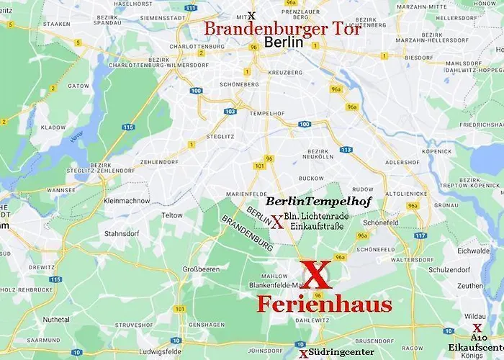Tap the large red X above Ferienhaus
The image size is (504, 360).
point(315,275)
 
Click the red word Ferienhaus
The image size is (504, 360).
point(324,304)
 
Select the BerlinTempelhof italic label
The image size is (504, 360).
point(318,202)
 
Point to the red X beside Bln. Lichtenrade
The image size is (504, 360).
point(276,222)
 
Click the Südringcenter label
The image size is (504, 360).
point(341,352)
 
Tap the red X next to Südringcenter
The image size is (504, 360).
point(304,354)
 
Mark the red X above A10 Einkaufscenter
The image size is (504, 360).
point(477,328)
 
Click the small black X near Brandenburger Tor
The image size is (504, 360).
point(251,16)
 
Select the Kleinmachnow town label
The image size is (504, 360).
point(126,201)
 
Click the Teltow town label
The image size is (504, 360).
point(172,215)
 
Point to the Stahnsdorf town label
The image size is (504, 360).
point(122,233)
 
